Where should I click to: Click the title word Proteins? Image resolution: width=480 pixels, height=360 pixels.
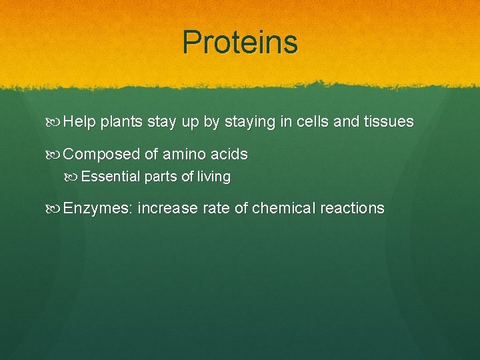[240, 43]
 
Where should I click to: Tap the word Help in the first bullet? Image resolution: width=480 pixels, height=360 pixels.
[80, 122]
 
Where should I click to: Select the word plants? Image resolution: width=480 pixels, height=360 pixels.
[121, 123]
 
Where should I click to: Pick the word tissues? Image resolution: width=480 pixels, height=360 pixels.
[389, 122]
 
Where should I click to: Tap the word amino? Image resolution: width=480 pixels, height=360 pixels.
[185, 155]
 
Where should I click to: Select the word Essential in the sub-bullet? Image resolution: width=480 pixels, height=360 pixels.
[111, 177]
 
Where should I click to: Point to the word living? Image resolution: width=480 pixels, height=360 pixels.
[214, 177]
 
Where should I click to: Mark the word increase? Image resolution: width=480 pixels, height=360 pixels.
[168, 209]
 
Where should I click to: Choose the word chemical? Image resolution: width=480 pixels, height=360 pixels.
[284, 209]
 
